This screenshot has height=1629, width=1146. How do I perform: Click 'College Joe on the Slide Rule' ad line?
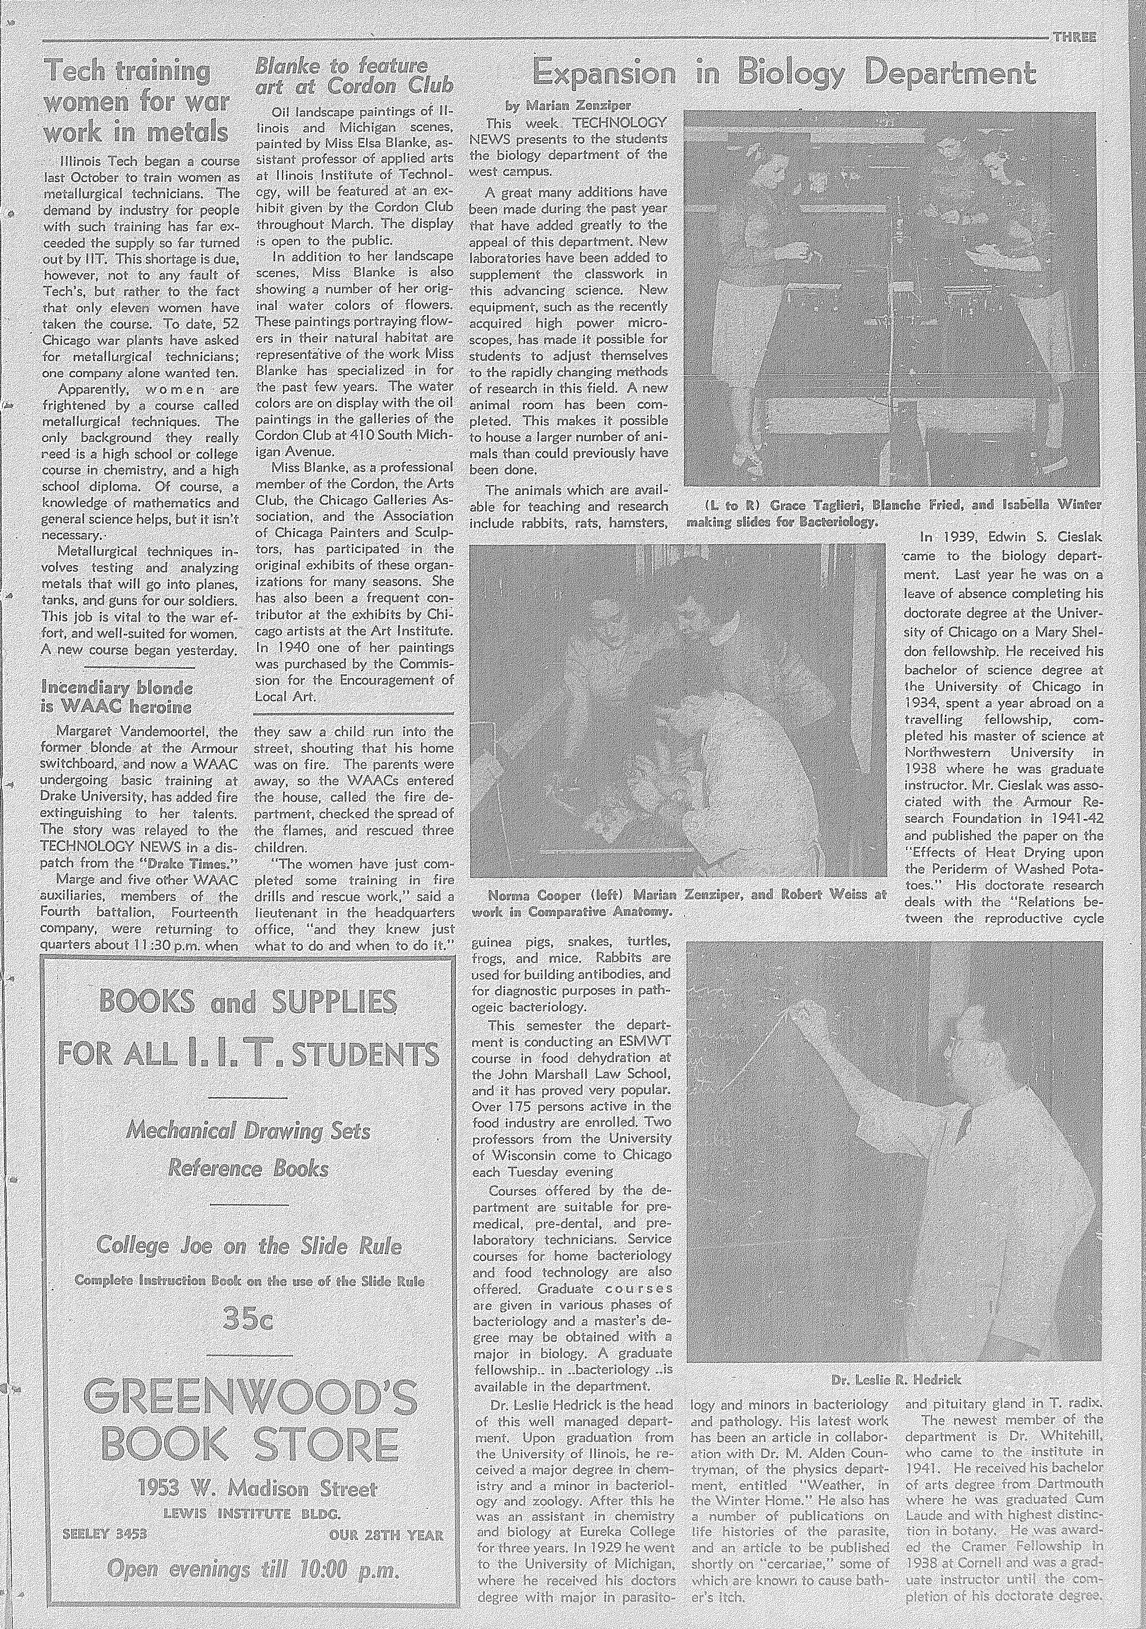coord(248,1245)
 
